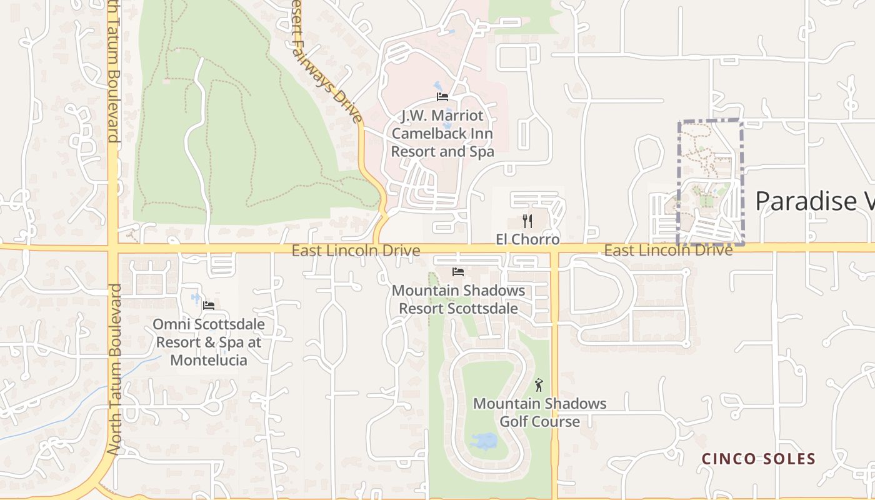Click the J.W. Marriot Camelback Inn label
[x=442, y=134]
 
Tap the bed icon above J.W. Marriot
[x=442, y=97]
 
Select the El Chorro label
[x=527, y=239]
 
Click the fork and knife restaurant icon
[x=527, y=221]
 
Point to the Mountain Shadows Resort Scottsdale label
[x=458, y=299]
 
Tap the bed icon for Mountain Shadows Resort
[x=458, y=272]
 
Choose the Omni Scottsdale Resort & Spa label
[x=209, y=342]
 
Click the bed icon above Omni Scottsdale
[x=209, y=306]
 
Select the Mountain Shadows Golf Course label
[x=539, y=412]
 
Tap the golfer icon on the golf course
[x=539, y=386]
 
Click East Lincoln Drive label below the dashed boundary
[x=667, y=251]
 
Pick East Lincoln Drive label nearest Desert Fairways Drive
[x=356, y=251]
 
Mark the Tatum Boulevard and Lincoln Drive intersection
[x=113, y=249]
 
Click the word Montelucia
[x=209, y=361]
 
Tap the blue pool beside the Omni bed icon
[x=196, y=299]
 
